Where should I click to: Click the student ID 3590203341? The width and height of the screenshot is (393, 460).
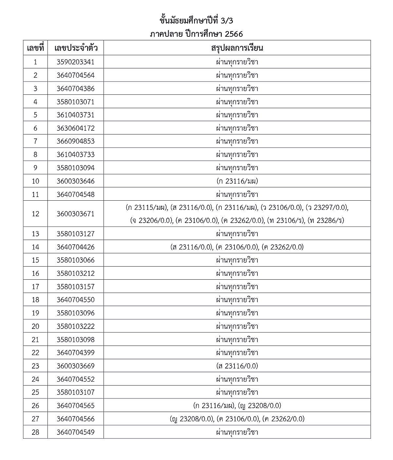tap(75, 62)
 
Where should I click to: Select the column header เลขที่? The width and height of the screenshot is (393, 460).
tap(35, 48)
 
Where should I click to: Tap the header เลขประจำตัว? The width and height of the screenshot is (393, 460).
tap(75, 48)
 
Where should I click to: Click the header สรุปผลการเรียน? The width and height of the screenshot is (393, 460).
tap(237, 48)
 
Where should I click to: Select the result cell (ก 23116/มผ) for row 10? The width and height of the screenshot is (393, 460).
tap(237, 181)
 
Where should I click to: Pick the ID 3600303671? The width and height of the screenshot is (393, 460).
tap(75, 214)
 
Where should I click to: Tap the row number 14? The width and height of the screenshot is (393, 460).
tap(35, 247)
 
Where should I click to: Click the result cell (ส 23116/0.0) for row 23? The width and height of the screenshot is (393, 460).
tap(237, 366)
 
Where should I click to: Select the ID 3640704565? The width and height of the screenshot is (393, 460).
tap(75, 406)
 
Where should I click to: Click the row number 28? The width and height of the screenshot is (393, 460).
tap(35, 432)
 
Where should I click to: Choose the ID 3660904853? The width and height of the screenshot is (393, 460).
tap(75, 141)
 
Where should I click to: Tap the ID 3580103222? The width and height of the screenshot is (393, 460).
tap(75, 326)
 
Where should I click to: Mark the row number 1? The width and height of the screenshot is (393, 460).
tap(35, 62)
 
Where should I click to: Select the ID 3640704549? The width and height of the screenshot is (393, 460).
tap(75, 432)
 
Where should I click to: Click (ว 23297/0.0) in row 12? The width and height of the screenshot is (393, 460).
tap(327, 207)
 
